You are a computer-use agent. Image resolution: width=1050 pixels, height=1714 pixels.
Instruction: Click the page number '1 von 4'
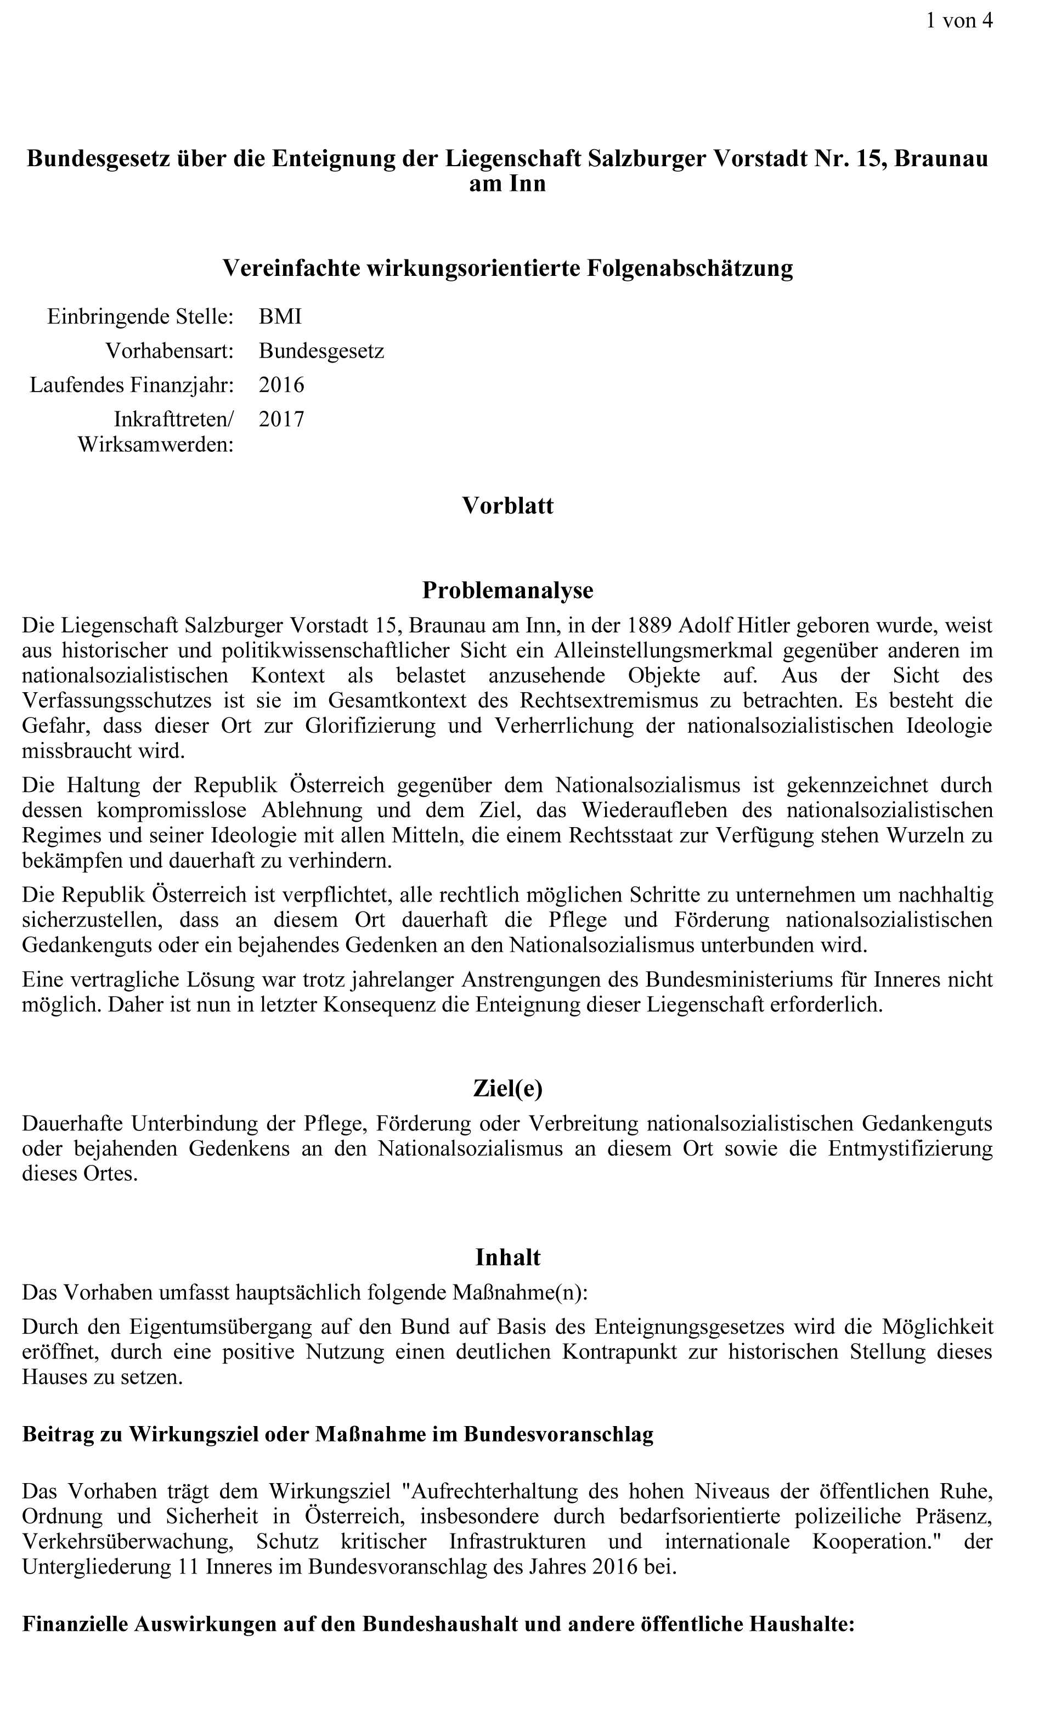pyautogui.click(x=958, y=21)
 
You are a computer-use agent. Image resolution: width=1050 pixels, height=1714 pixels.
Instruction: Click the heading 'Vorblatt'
pyautogui.click(x=507, y=506)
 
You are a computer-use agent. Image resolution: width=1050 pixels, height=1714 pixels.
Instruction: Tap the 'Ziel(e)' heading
pyautogui.click(x=507, y=1089)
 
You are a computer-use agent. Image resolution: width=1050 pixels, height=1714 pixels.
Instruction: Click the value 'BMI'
pyautogui.click(x=280, y=316)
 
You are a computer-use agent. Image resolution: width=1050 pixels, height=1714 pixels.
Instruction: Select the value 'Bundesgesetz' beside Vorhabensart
pyautogui.click(x=321, y=350)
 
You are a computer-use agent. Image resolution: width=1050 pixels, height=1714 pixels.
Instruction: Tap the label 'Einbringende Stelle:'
pyautogui.click(x=140, y=316)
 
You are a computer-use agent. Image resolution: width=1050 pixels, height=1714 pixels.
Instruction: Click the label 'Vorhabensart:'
pyautogui.click(x=169, y=350)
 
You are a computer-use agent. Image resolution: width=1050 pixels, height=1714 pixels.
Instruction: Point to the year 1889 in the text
pyautogui.click(x=650, y=625)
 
